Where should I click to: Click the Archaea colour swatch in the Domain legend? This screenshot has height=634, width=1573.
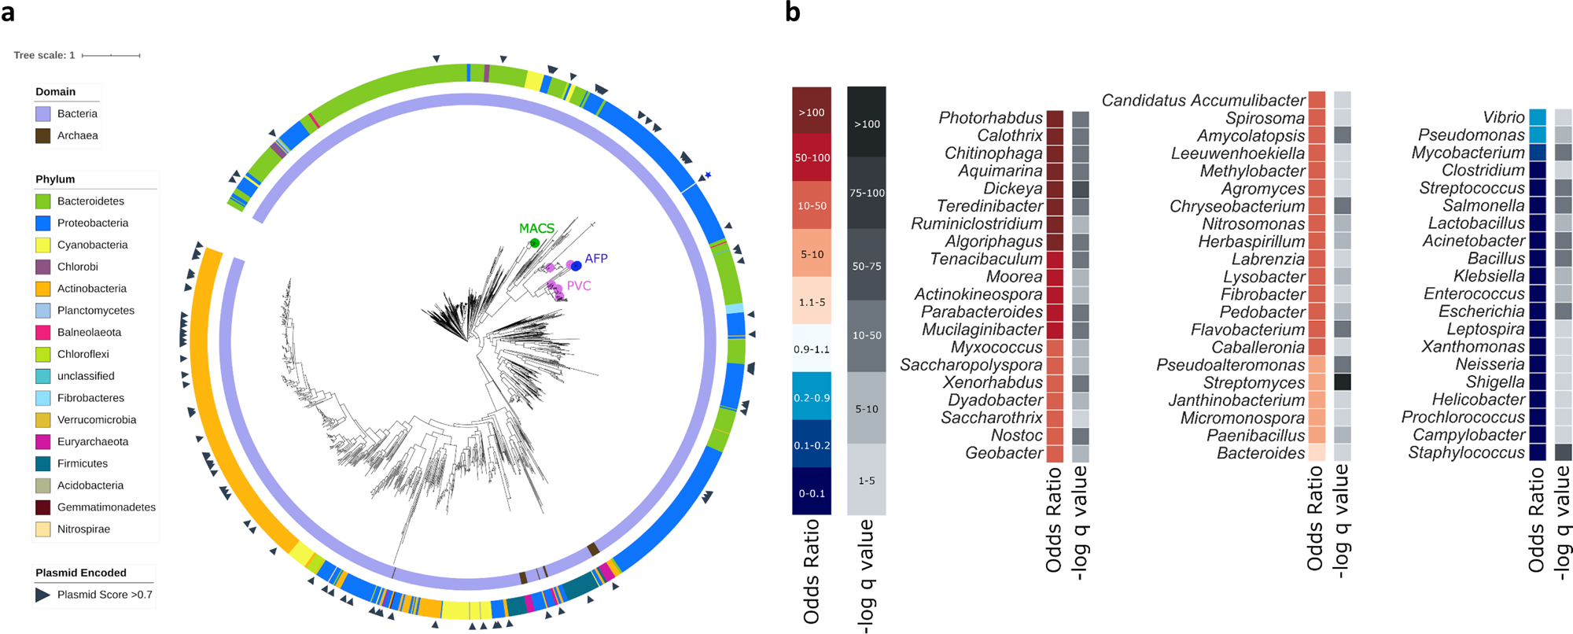tap(42, 135)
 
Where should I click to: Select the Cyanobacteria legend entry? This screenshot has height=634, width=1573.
tap(92, 245)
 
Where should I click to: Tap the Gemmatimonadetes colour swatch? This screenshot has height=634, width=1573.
tap(42, 507)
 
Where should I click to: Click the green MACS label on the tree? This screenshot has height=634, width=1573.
tap(536, 228)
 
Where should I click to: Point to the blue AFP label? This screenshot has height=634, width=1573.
tap(595, 258)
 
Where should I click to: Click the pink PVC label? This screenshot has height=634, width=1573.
tap(578, 286)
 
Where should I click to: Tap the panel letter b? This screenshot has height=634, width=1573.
tap(793, 12)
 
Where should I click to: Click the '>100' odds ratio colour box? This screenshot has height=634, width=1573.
tap(812, 112)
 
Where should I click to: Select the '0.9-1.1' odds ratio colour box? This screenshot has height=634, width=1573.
tap(812, 348)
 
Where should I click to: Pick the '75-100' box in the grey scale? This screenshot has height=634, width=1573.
tap(867, 193)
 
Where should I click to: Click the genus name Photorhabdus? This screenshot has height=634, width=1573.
tap(990, 118)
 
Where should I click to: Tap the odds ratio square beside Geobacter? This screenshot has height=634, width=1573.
tap(1055, 453)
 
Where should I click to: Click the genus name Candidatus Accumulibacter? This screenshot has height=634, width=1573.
tap(1203, 101)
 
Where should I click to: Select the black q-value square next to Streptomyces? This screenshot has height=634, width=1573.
tap(1343, 382)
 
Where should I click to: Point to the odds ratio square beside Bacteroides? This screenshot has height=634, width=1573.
tap(1317, 453)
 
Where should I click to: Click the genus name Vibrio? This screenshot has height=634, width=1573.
tap(1503, 117)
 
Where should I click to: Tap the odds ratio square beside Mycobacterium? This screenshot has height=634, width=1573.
tap(1537, 153)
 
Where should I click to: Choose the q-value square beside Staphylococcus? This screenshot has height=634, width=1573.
tap(1564, 452)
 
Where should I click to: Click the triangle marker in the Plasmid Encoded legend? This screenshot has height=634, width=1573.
tap(42, 595)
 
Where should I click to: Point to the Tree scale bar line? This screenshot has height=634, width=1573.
tap(111, 55)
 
